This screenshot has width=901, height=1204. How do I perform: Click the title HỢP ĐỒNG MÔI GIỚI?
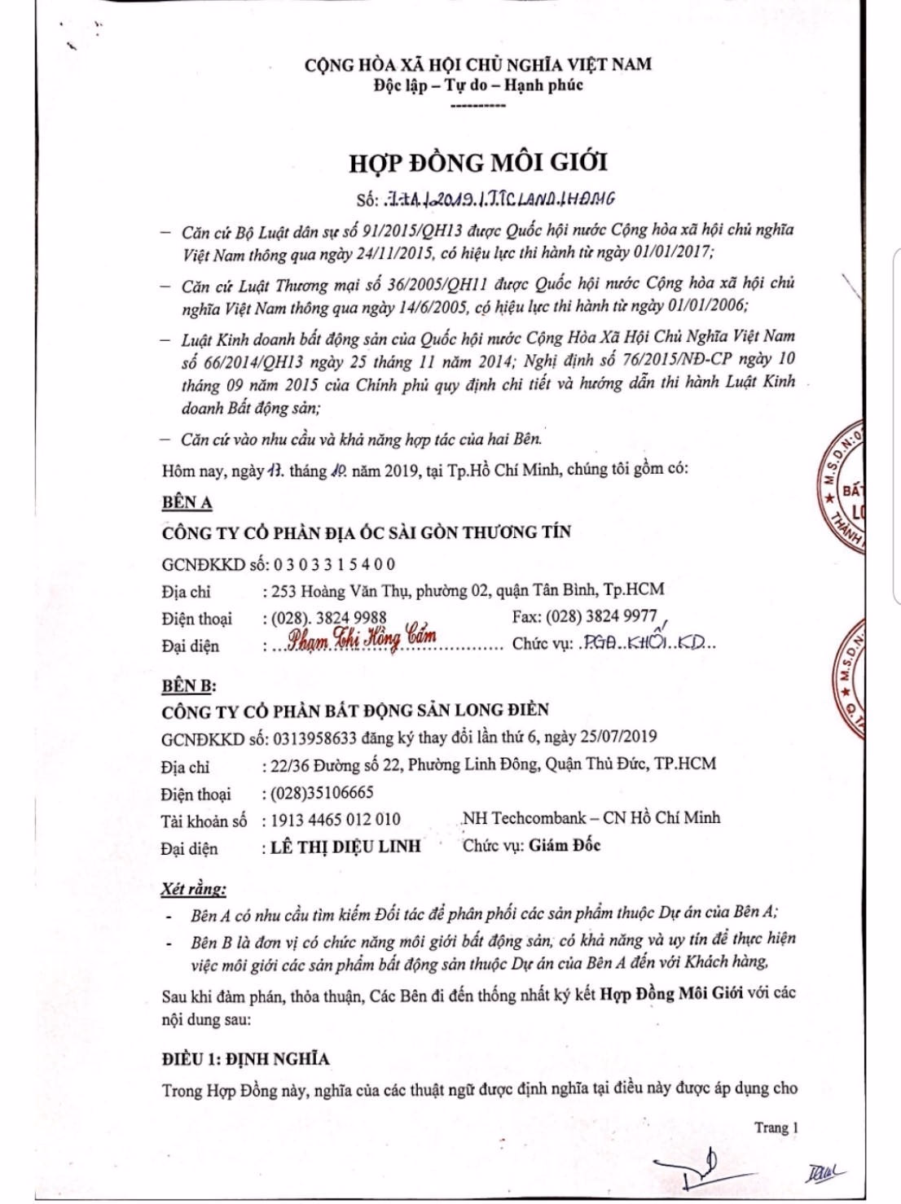(478, 162)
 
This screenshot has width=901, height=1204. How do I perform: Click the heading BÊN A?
(187, 502)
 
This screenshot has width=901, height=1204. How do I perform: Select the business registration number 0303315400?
(335, 564)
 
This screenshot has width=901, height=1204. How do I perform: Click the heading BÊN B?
(188, 685)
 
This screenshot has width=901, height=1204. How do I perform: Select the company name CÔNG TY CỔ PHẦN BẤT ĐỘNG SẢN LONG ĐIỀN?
(355, 710)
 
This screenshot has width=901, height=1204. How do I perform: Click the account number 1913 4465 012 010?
(332, 820)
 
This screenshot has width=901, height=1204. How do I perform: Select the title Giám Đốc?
(564, 845)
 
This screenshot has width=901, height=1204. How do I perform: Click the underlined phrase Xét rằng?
(193, 887)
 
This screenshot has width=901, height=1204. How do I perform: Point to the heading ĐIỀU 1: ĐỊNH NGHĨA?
(245, 1059)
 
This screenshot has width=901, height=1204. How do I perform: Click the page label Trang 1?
(776, 1127)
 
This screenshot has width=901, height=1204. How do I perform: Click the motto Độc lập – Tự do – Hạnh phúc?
(478, 85)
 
